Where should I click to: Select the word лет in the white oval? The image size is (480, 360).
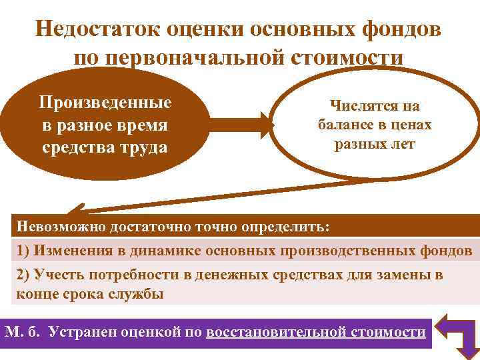(401, 144)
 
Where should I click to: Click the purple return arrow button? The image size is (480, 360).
(457, 333)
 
